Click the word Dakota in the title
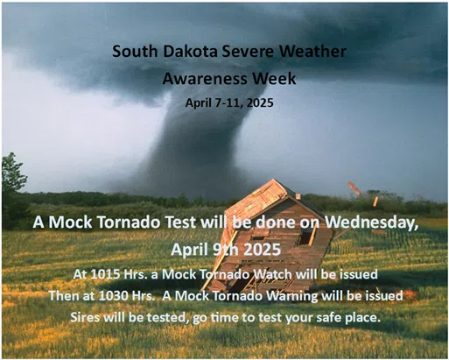(190, 51)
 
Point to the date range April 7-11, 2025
(229, 102)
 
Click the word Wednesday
(372, 222)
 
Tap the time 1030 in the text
(113, 296)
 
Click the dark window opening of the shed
(305, 236)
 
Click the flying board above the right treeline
(354, 188)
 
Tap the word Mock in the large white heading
(72, 222)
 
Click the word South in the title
(135, 51)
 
